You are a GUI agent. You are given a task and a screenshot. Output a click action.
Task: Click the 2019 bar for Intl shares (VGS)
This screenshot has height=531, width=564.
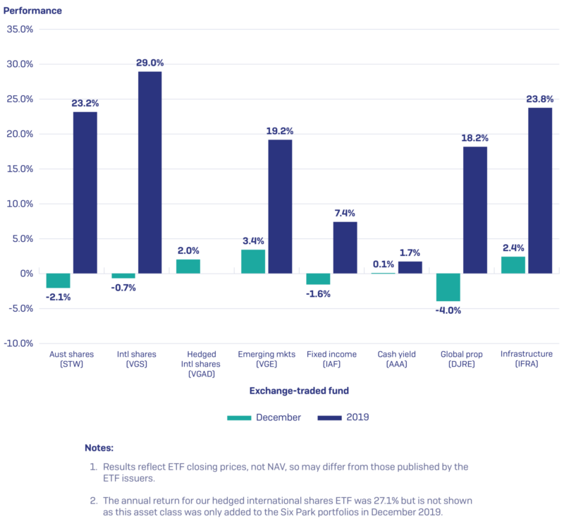point(149,172)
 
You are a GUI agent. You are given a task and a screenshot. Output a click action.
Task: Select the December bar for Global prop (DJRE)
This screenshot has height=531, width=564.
point(448,287)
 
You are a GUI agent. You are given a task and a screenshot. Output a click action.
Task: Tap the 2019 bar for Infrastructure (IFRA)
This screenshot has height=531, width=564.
point(540,190)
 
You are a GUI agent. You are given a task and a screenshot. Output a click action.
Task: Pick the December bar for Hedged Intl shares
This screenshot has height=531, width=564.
point(188,267)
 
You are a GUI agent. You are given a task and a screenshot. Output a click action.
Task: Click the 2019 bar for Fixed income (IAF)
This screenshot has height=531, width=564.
point(345,248)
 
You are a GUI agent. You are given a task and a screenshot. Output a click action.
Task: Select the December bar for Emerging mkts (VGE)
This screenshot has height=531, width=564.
point(253,262)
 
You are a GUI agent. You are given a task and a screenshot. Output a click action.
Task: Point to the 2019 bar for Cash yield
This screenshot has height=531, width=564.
point(410,267)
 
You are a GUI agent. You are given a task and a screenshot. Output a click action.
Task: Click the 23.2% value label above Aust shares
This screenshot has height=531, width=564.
point(85,104)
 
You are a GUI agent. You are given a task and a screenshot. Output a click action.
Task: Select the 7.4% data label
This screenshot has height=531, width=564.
point(345,213)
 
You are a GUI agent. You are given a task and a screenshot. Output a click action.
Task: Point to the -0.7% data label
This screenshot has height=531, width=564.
point(123,288)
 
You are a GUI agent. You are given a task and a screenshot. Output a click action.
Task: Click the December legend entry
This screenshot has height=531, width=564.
point(264,417)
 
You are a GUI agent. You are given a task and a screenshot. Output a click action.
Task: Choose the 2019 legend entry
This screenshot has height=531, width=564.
point(343,417)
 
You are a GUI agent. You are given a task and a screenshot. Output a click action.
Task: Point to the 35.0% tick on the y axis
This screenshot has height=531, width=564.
point(20,30)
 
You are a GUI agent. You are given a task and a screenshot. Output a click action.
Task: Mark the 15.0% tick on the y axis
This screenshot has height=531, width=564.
point(20,169)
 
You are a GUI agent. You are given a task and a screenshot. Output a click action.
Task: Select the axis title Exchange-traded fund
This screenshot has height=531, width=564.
point(299,391)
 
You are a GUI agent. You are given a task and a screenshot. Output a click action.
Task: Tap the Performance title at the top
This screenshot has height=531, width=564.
point(35,11)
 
